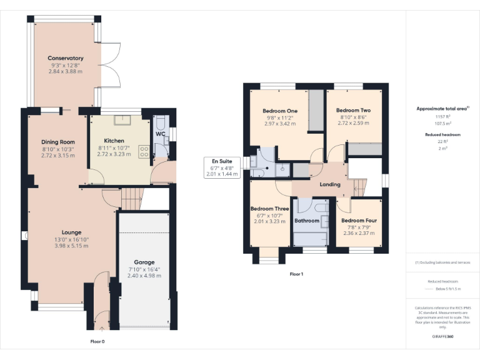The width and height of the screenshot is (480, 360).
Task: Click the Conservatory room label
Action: [66, 58]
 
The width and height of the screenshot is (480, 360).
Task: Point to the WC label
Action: [160, 134]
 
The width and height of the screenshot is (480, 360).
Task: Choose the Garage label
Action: [144, 262]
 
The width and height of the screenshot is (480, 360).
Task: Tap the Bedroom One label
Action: [279, 111]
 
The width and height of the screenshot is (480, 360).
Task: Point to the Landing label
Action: [330, 184]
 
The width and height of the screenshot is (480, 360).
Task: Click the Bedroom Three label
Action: [270, 209]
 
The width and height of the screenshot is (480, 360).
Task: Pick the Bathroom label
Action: [307, 221]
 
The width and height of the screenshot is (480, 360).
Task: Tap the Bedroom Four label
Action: [359, 221]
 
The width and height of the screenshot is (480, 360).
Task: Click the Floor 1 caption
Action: [296, 274]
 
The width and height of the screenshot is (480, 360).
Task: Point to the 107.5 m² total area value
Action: [442, 122]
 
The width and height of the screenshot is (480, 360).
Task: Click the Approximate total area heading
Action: [442, 109]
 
